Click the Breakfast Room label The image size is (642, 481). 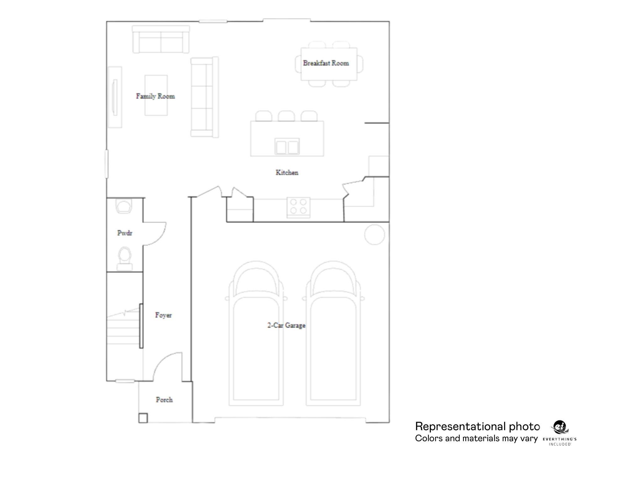coord(326,63)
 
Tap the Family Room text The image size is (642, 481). coord(155,96)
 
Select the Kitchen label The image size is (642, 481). coord(287,173)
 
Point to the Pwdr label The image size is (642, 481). coord(124,233)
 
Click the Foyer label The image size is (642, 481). coord(163,315)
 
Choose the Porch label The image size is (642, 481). coord(164,400)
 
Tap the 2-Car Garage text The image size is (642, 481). coord(286,325)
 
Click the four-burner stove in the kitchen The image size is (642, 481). coord(298,207)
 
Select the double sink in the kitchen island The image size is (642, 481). coord(287,147)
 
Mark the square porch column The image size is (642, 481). coord(143,418)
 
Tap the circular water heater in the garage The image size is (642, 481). coord(375,235)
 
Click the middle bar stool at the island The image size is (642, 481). coord(286,116)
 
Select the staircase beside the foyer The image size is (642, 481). coord(123,327)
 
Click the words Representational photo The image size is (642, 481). coord(477,427)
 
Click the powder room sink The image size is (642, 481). coord(124,206)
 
